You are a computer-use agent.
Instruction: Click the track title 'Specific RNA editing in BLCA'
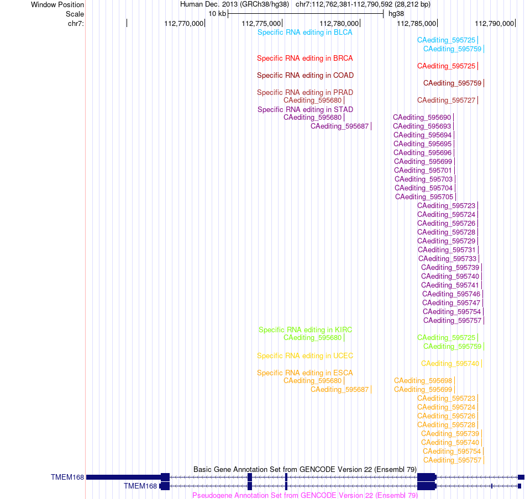pos(305,33)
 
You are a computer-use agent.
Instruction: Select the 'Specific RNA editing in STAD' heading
pos(305,110)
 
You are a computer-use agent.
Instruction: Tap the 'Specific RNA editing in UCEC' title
pos(305,356)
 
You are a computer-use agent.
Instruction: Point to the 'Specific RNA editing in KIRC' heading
pos(306,330)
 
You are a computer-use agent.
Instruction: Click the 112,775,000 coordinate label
pos(261,23)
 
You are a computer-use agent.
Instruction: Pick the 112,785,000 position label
pos(417,23)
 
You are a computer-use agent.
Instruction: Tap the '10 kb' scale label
pos(217,14)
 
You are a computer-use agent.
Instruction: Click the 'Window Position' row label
pos(57,4)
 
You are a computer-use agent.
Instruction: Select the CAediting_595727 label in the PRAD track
pos(446,100)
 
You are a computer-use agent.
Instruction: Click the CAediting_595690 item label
pos(422,118)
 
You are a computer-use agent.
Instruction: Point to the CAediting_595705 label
pos(424,197)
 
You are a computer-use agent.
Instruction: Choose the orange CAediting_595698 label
pos(423,381)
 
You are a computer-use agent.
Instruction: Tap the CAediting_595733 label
pos(447,259)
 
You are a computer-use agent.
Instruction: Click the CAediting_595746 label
pos(451,294)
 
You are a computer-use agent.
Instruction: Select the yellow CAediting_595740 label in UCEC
pos(450,364)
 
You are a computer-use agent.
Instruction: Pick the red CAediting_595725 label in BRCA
pos(446,66)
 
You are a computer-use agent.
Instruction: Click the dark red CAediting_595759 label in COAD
pos(453,83)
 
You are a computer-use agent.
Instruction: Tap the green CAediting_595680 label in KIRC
pos(312,338)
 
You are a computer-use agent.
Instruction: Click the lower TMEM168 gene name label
pos(140,486)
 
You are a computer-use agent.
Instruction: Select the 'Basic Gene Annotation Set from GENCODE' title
pos(305,470)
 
